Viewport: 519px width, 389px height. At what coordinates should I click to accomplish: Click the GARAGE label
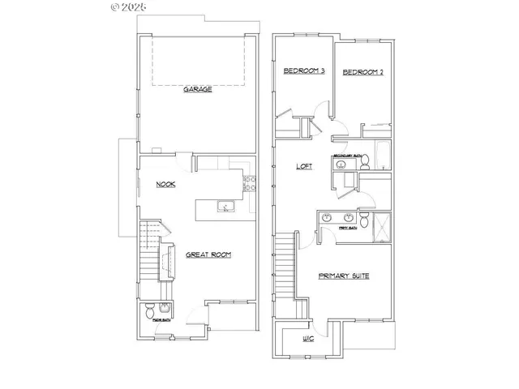[x=197, y=89]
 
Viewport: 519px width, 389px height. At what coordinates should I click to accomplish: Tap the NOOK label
[x=167, y=185]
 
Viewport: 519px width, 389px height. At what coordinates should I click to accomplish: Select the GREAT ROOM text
[x=208, y=254]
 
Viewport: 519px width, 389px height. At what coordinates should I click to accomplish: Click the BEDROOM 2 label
[x=362, y=72]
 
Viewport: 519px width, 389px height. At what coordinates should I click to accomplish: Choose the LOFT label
[x=304, y=166]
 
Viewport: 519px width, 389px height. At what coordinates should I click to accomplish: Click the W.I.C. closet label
[x=309, y=339]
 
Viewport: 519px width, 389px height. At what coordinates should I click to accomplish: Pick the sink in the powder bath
[x=165, y=307]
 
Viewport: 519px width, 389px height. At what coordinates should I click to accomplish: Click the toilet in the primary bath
[x=364, y=220]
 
